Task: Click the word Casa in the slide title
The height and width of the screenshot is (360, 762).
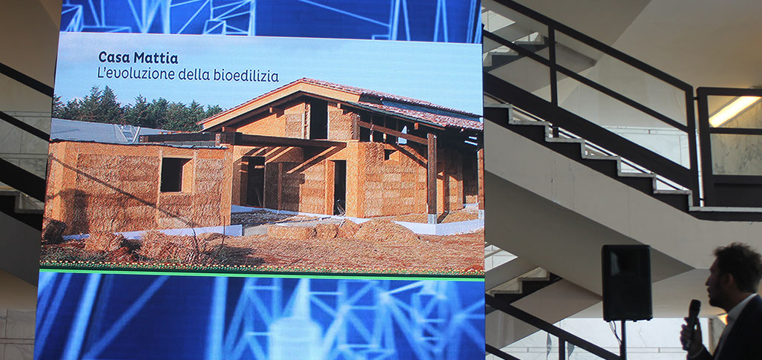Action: coord(114,57)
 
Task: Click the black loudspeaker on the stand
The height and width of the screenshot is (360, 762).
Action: coord(626,282)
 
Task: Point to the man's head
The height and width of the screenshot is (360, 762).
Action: coord(732,273)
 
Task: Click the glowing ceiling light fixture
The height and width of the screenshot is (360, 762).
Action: coord(734,110)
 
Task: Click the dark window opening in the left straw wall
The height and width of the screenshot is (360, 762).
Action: coord(174,174)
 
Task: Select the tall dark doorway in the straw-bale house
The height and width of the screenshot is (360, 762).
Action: coord(339,187)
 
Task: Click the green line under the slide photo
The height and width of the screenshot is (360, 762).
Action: coord(262,274)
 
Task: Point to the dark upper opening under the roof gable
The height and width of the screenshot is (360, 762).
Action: coord(318,120)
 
